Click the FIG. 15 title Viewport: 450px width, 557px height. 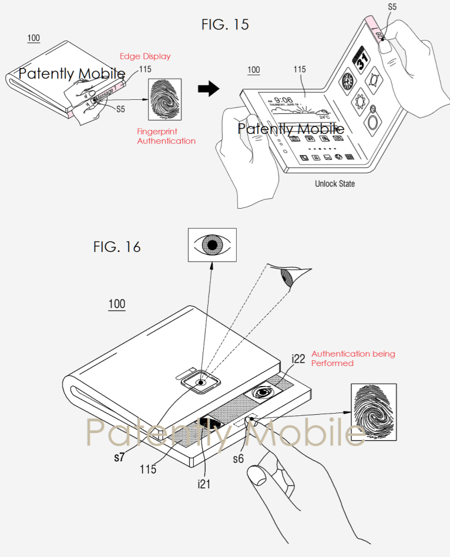224,24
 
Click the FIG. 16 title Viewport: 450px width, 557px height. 117,246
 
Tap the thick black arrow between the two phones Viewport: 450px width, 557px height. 208,89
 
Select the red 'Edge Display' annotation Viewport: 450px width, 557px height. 145,56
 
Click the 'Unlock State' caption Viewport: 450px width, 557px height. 335,184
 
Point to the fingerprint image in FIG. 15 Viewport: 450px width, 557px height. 165,100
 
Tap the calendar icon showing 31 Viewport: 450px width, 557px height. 360,60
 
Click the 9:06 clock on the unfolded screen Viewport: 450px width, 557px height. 284,100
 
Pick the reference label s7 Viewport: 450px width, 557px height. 119,457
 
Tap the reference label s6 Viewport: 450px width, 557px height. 238,459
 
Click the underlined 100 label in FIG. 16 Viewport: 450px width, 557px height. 116,304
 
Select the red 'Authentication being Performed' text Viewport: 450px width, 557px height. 353,358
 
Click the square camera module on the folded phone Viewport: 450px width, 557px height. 201,382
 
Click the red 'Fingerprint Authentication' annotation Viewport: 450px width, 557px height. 166,136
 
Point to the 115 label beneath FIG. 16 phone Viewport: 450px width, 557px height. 148,469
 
